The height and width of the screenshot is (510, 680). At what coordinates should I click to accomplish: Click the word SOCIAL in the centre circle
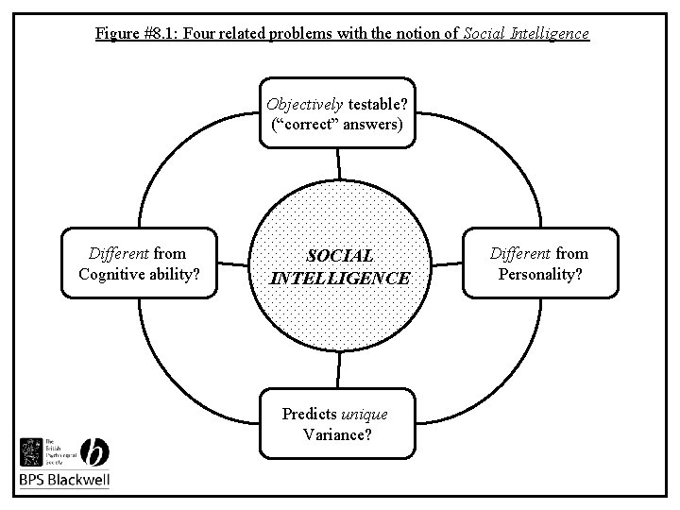point(340,256)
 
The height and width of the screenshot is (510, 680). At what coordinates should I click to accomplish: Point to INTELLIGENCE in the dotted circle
point(340,279)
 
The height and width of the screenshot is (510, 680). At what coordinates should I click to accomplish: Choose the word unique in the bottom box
point(364,415)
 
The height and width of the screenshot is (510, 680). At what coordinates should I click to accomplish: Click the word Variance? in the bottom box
point(336,434)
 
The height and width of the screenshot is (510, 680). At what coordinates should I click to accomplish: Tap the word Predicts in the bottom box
point(310,415)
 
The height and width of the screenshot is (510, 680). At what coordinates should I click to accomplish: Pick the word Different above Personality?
point(520,253)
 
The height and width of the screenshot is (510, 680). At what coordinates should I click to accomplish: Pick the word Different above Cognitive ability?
point(119,253)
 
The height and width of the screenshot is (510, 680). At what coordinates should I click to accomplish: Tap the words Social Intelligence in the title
point(525,34)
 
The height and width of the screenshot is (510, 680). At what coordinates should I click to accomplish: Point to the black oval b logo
point(95,450)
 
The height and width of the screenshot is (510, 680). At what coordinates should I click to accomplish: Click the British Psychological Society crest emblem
point(32,451)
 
